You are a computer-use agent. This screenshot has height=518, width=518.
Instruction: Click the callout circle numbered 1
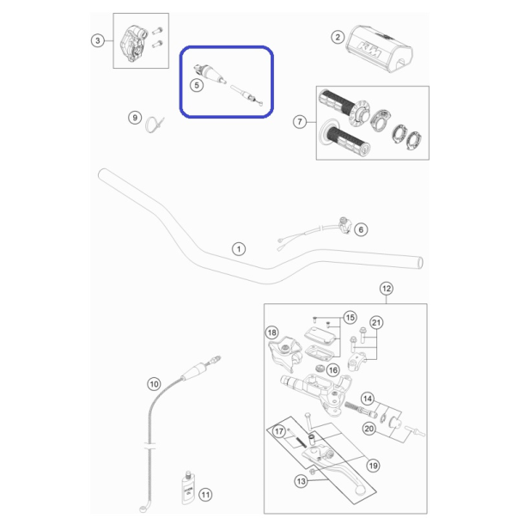239,249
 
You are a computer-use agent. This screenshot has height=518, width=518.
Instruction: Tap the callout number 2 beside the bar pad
338,37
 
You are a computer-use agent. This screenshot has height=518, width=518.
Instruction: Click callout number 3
97,40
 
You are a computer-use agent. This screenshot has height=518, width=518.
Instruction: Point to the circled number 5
197,85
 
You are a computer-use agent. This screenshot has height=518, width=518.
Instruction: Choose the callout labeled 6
361,229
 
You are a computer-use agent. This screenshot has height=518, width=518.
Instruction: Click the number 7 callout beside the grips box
300,122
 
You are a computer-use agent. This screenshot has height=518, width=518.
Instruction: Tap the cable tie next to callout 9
155,125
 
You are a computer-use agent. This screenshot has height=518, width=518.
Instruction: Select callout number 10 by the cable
154,384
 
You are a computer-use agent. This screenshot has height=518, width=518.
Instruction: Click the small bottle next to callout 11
188,488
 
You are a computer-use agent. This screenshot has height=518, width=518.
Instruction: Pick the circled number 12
387,289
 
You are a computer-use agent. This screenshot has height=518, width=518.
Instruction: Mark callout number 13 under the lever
301,481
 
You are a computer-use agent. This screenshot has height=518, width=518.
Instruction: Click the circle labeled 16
333,370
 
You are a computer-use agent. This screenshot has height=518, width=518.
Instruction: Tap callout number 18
271,332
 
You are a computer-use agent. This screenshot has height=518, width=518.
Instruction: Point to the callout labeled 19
373,466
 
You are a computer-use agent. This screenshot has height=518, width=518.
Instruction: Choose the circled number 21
376,322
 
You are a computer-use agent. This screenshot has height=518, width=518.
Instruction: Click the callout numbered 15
350,318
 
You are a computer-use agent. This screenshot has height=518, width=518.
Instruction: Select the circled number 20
369,429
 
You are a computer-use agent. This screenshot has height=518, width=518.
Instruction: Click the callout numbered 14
368,399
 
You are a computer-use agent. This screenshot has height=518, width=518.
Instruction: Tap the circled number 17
279,431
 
